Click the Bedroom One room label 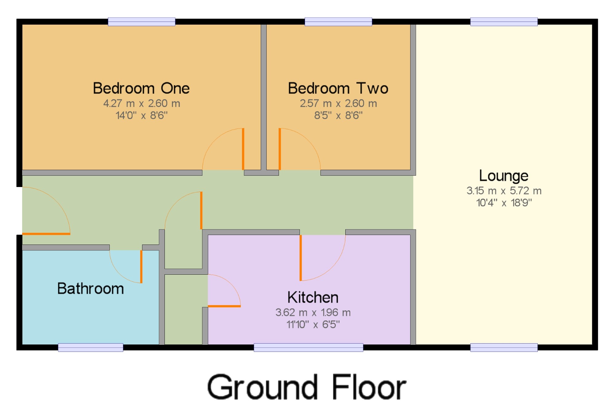pyautogui.click(x=141, y=88)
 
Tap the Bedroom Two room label pyautogui.click(x=338, y=88)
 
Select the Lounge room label pyautogui.click(x=504, y=176)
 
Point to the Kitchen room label pyautogui.click(x=313, y=297)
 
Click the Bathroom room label pyautogui.click(x=91, y=289)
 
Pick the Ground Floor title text pyautogui.click(x=307, y=387)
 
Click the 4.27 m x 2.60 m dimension pyautogui.click(x=142, y=103)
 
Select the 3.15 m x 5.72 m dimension pyautogui.click(x=504, y=191)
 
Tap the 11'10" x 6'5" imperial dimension pyautogui.click(x=313, y=324)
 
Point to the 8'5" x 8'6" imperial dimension pyautogui.click(x=338, y=115)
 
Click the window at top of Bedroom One pyautogui.click(x=141, y=22)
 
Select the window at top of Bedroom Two pyautogui.click(x=338, y=22)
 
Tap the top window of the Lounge pyautogui.click(x=504, y=22)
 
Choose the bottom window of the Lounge pyautogui.click(x=504, y=347)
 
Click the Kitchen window pyautogui.click(x=308, y=347)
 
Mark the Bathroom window pyautogui.click(x=91, y=347)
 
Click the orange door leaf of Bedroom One pyautogui.click(x=243, y=149)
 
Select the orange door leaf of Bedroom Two pyautogui.click(x=280, y=149)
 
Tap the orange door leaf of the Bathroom pyautogui.click(x=141, y=267)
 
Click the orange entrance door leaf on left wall pyautogui.click(x=46, y=234)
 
